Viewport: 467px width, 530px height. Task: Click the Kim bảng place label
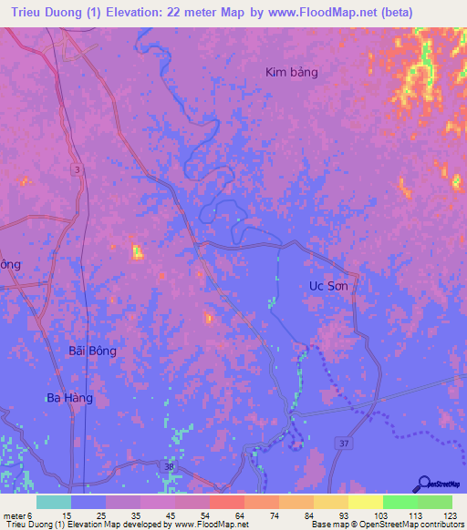[x=291, y=72]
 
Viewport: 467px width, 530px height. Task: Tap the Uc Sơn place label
[x=328, y=285]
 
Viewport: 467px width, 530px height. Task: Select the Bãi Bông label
[x=93, y=350]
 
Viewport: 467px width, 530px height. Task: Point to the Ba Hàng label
[x=69, y=398]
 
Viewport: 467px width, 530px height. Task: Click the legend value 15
[x=67, y=515]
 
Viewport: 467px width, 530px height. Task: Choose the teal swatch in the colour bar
[x=54, y=502]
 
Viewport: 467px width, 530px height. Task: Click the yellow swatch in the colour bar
[x=366, y=502]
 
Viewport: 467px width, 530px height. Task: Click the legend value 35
[x=137, y=515]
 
